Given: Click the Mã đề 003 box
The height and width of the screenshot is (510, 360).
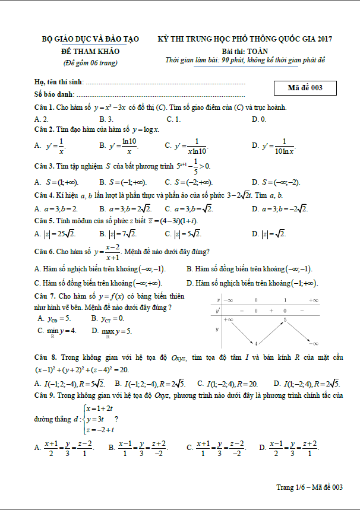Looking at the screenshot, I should click(x=305, y=88).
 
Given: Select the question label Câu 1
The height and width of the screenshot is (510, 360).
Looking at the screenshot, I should click(x=45, y=107).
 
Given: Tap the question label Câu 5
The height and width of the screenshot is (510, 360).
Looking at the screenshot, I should click(x=45, y=220).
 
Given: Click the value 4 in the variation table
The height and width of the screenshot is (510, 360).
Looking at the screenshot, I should click(x=255, y=344).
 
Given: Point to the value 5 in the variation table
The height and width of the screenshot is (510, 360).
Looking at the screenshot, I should click(x=285, y=320).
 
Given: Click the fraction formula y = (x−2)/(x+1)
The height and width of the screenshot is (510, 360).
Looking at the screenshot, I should click(x=102, y=251).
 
